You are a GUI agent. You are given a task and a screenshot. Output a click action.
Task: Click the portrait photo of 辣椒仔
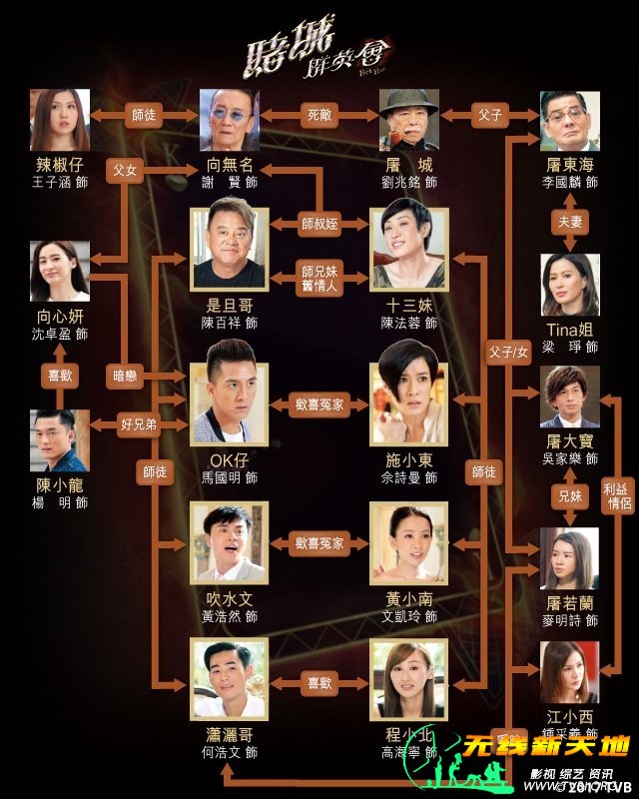point(61,119)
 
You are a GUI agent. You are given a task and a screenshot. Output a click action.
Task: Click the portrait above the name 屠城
point(409,119)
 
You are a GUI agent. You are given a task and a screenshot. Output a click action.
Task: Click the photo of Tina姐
point(570,284)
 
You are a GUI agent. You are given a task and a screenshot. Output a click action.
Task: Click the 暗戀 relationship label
point(127,376)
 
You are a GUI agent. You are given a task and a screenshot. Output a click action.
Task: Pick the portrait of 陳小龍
point(61,439)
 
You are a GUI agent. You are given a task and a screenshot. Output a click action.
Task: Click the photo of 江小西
point(570,672)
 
